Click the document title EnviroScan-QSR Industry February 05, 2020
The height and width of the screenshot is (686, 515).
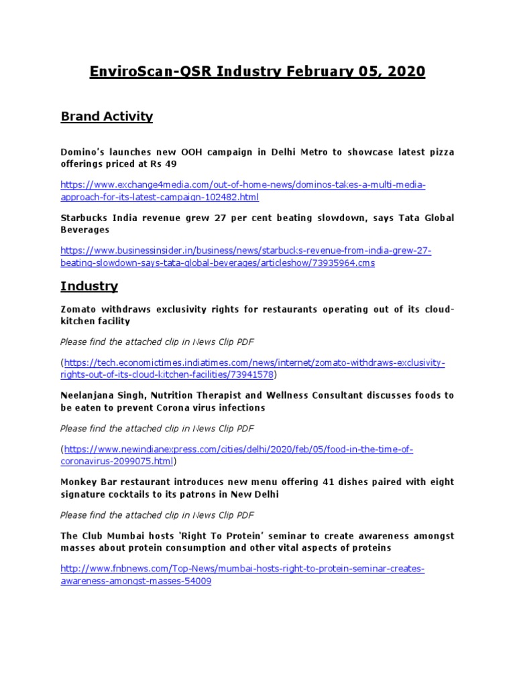click(x=257, y=72)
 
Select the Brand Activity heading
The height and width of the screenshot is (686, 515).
click(x=107, y=117)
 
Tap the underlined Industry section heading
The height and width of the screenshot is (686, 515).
click(x=89, y=286)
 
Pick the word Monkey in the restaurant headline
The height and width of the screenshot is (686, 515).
click(x=79, y=482)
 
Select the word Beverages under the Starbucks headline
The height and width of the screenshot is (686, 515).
click(x=84, y=229)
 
